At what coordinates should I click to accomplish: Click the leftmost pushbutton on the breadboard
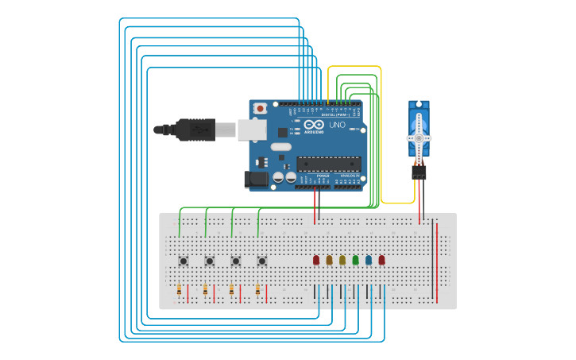(x=184, y=261)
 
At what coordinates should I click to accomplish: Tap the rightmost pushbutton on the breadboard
(x=261, y=261)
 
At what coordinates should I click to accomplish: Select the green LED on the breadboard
(x=355, y=260)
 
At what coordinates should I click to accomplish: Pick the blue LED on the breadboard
(x=369, y=260)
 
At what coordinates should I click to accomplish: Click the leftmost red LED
(x=316, y=260)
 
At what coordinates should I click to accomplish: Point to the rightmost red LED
(x=381, y=260)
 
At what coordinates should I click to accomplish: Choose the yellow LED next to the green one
(x=342, y=260)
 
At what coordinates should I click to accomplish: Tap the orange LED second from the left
(x=329, y=260)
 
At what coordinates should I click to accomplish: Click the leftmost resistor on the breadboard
(x=180, y=290)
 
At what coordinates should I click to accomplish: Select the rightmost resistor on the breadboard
(x=257, y=290)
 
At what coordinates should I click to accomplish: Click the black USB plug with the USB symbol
(x=195, y=130)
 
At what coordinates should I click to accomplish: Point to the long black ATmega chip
(x=329, y=164)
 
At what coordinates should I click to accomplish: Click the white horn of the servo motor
(x=419, y=137)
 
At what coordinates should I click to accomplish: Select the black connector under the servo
(x=419, y=171)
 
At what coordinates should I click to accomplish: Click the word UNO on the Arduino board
(x=337, y=125)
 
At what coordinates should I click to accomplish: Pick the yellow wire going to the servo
(x=381, y=135)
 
